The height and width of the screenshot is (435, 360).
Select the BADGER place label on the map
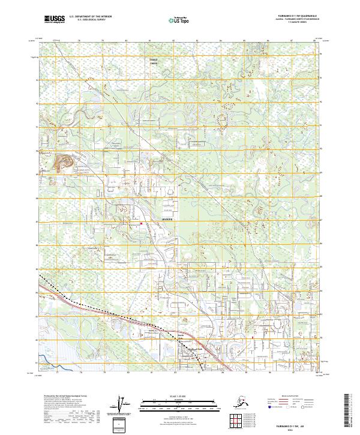pyautogui.click(x=167, y=220)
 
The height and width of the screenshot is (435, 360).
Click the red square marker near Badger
pyautogui.click(x=141, y=224)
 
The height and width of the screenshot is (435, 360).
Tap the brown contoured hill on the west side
pyautogui.click(x=64, y=163)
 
